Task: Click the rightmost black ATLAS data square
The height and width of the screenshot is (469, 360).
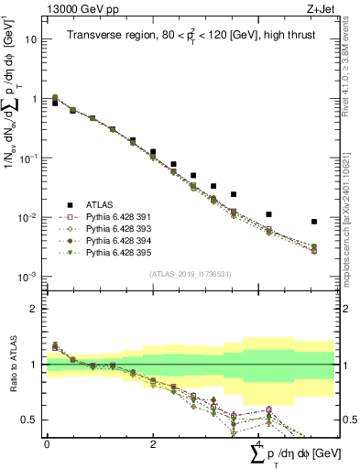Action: point(314,222)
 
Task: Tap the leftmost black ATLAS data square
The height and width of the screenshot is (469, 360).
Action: point(55,104)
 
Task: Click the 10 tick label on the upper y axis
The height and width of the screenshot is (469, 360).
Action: point(31,39)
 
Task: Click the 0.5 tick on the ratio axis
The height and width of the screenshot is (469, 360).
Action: point(30,420)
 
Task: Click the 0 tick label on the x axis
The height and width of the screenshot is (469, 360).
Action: point(47,442)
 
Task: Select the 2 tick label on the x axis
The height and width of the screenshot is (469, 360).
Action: point(153,442)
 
